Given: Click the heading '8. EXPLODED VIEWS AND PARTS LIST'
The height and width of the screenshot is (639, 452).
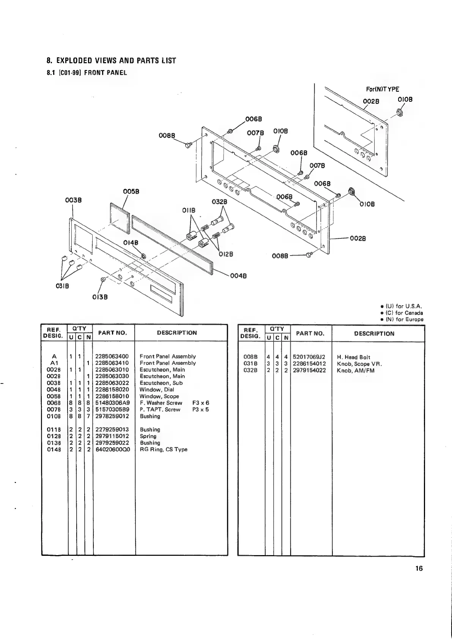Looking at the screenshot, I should [111, 61].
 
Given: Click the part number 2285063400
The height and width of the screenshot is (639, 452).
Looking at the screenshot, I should [112, 357].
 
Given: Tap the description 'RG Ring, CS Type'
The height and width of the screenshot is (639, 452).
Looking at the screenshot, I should [163, 450].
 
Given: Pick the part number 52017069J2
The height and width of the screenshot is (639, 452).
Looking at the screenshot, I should [309, 357].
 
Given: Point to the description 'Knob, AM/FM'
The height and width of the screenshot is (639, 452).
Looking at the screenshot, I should [355, 371].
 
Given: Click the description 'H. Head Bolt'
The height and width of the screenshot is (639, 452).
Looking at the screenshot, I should [353, 357].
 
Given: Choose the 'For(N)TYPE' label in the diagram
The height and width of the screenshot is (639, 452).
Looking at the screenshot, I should [383, 89].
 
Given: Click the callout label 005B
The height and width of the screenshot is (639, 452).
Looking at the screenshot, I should [131, 191].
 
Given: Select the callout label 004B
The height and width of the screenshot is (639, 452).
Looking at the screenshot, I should [239, 276].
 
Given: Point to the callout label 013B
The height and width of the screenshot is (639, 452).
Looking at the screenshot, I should [100, 297].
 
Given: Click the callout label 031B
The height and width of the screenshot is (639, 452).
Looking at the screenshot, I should [62, 286].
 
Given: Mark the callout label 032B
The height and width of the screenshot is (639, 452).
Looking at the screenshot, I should [219, 202].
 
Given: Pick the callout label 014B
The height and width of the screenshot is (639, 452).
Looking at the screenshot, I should [131, 243].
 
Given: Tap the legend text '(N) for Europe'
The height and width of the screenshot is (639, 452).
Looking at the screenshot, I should [404, 319].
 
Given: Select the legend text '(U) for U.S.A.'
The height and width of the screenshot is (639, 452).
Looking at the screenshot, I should [403, 306].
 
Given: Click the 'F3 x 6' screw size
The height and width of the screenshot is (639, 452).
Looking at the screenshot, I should [201, 403].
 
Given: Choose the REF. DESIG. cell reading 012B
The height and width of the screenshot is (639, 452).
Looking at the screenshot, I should [54, 436].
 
